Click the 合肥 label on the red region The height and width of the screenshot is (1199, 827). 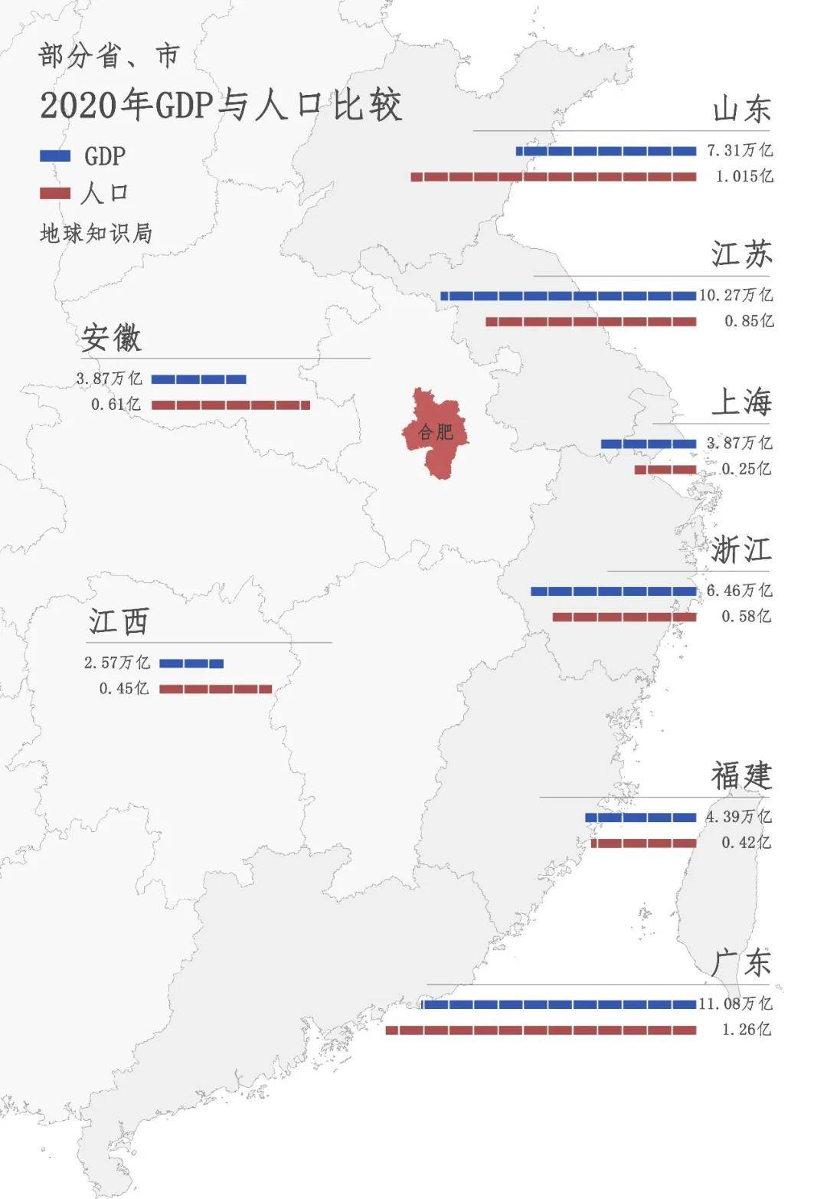coord(435,432)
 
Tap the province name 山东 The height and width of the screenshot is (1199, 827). coord(740,109)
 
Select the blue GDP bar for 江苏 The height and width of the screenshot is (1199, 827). coord(568,296)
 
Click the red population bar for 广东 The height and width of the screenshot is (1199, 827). coord(541,1030)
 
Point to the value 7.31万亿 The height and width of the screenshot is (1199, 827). coord(739,150)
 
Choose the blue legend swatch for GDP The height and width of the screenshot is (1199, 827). coord(55,156)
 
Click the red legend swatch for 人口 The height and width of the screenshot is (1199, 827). coord(55,193)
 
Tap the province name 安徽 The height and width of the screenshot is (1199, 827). coord(112,337)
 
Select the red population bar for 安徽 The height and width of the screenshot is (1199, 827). coord(230,405)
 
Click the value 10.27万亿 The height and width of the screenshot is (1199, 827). coord(736,295)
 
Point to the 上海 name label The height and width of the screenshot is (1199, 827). coord(740,402)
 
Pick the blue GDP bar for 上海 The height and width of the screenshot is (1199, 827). coord(649,444)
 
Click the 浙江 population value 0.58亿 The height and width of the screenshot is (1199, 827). coord(746,616)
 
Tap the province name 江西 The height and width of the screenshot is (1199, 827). coord(119,621)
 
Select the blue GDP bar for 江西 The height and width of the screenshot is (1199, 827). coord(191,663)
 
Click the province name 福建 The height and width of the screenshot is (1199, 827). coord(740,776)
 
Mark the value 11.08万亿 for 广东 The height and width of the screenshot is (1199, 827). coord(736,1004)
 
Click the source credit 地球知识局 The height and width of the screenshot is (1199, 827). coord(96,233)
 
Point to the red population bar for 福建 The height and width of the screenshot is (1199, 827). coord(644,844)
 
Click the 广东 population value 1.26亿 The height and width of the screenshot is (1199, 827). coord(746,1030)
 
